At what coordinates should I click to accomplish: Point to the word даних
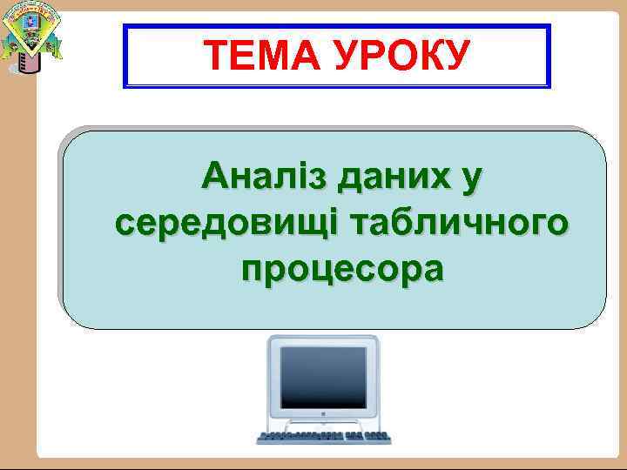pos(393,178)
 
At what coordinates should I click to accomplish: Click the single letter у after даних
pos(471,179)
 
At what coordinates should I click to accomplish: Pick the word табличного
pos(456,223)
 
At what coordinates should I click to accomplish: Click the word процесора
pos(342,269)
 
